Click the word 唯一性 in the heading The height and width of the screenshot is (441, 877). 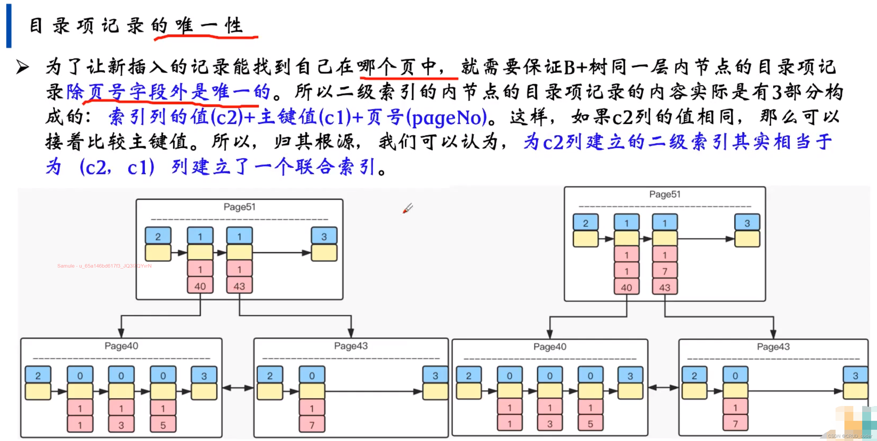pyautogui.click(x=209, y=25)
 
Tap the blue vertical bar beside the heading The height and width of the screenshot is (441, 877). pyautogui.click(x=9, y=26)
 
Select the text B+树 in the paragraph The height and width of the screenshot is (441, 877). pyautogui.click(x=586, y=67)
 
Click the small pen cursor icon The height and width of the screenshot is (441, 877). pyautogui.click(x=407, y=208)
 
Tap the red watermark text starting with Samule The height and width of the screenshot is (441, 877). pyautogui.click(x=104, y=266)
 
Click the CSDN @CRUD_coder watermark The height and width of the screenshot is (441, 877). pyautogui.click(x=849, y=436)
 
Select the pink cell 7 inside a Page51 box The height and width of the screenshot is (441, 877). pyautogui.click(x=664, y=271)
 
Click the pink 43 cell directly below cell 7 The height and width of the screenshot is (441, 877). pyautogui.click(x=664, y=288)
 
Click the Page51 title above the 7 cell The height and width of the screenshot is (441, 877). pyautogui.click(x=664, y=194)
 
